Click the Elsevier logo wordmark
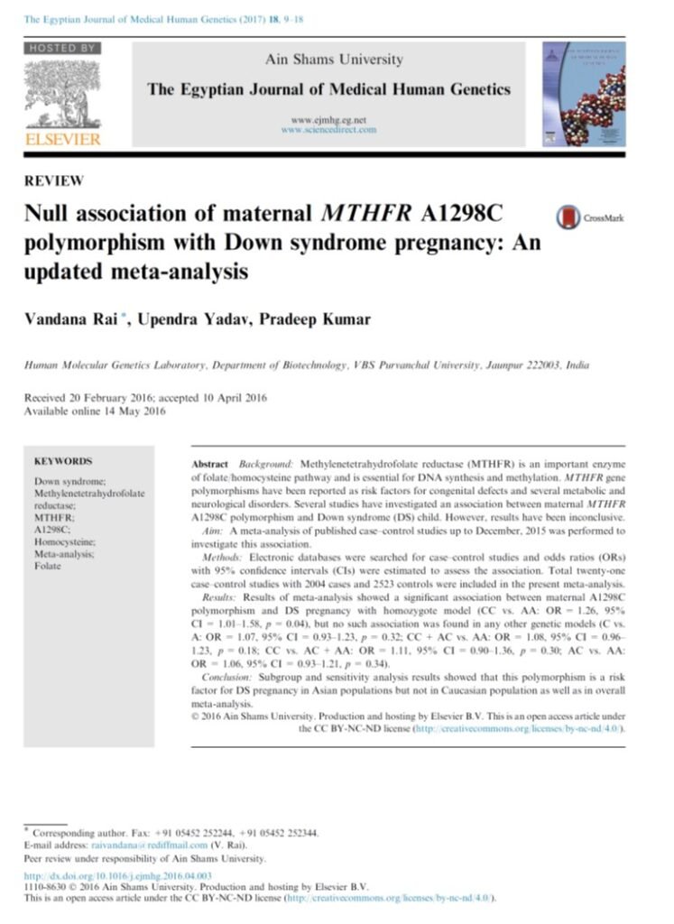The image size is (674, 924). pyautogui.click(x=62, y=139)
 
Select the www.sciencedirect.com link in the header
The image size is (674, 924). pyautogui.click(x=328, y=130)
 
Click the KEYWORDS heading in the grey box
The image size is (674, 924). pyautogui.click(x=62, y=460)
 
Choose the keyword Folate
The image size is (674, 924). pyautogui.click(x=47, y=566)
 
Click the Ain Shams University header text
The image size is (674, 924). pyautogui.click(x=333, y=60)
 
